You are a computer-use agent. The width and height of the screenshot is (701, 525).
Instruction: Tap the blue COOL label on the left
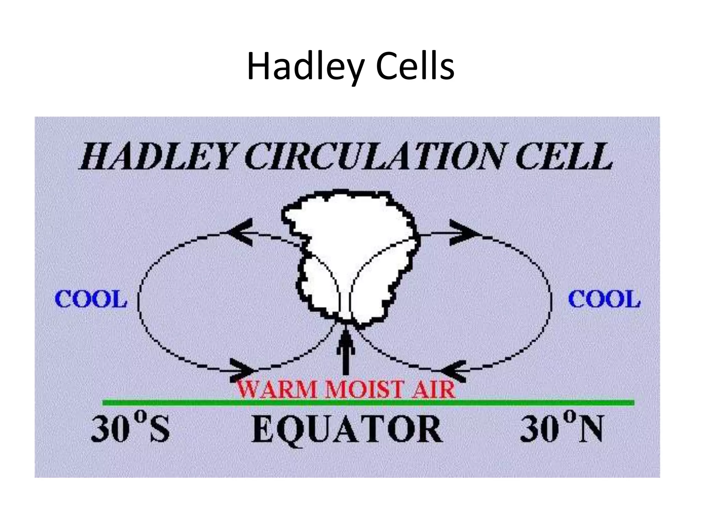(91, 299)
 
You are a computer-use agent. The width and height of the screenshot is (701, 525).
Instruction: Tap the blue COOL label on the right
(604, 299)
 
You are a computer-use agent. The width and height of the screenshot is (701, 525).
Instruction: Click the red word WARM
(278, 390)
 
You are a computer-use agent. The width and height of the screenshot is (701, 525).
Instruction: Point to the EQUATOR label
(347, 429)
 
